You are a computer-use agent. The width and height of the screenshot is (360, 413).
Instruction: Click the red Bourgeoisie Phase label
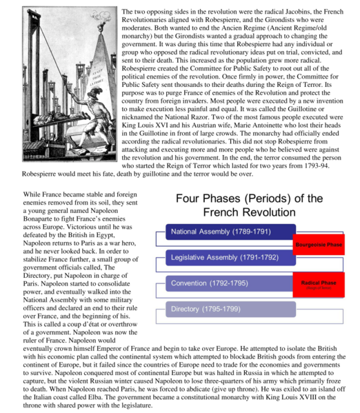pyautogui.click(x=319, y=245)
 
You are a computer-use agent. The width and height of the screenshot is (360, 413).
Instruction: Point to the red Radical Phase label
pyautogui.click(x=319, y=284)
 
